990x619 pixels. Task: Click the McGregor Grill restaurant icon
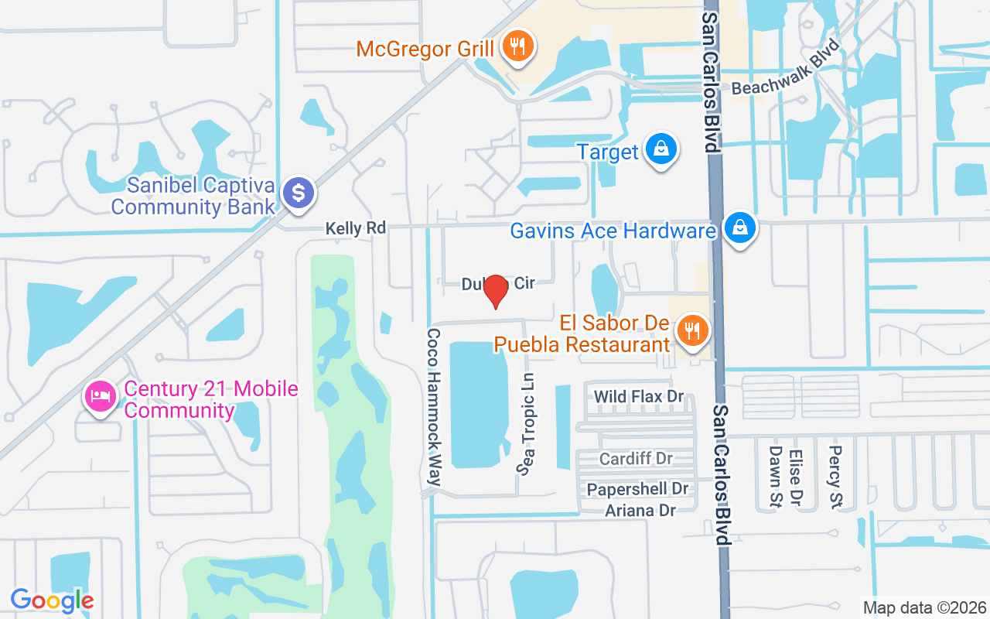[514, 47]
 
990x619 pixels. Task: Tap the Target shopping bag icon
[661, 149]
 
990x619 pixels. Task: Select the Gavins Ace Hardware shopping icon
[740, 229]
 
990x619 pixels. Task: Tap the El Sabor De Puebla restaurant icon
[692, 331]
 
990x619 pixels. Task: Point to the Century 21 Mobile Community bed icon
[100, 398]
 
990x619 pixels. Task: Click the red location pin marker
[495, 292]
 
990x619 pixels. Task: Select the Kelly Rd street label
[355, 228]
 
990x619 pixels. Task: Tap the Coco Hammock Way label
[434, 407]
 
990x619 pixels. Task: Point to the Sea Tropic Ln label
[527, 424]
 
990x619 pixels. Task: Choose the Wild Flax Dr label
[639, 397]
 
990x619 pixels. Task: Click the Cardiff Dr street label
[636, 459]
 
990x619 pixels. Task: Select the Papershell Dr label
[637, 489]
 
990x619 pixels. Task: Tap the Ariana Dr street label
[640, 510]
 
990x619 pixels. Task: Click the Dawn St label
[775, 477]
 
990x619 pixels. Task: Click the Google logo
[52, 600]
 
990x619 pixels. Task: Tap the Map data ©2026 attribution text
[924, 607]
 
